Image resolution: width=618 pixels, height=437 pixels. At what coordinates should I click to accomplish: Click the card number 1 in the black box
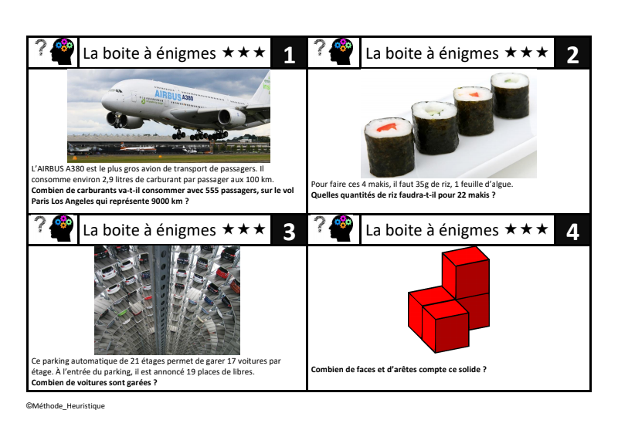(289, 55)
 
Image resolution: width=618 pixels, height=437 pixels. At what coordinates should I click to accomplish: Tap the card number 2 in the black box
(572, 55)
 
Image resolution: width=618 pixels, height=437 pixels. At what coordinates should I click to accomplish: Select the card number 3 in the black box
(289, 232)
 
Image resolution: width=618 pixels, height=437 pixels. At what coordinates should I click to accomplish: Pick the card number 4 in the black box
(572, 232)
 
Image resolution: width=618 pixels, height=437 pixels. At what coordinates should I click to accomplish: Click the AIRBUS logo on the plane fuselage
(168, 94)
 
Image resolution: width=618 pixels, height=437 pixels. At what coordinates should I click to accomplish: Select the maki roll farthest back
(510, 95)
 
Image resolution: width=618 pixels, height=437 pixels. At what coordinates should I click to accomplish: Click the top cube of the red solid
(466, 272)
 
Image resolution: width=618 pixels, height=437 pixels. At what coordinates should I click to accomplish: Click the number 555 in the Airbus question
(213, 191)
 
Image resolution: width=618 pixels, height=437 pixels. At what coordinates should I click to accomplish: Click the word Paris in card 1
(40, 201)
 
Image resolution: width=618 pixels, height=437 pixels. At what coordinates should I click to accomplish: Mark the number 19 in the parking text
(191, 371)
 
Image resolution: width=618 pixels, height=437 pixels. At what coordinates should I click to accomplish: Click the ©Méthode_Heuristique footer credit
(66, 406)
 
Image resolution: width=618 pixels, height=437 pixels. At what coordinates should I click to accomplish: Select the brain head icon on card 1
(63, 52)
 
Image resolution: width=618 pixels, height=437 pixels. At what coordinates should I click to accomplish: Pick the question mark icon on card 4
(321, 224)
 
